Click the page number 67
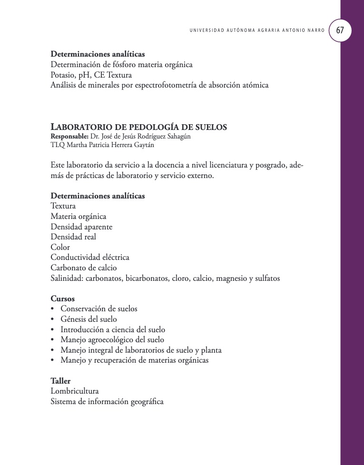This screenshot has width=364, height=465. point(340,30)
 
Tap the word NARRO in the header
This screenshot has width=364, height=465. point(316,30)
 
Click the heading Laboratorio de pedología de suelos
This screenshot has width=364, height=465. point(138,127)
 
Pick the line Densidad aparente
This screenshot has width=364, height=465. point(81,227)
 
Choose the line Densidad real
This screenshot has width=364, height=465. point(73,237)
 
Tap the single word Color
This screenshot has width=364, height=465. point(60,247)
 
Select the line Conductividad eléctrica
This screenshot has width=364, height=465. point(90,257)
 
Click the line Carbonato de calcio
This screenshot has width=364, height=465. point(84,267)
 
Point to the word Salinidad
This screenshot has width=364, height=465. point(67,278)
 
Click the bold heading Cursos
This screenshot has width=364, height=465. point(62,299)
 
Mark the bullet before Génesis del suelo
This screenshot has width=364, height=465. point(52,319)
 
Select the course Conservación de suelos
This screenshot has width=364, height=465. point(99,309)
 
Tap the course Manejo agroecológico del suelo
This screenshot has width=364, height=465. point(112,340)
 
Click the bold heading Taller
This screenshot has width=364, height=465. point(60,381)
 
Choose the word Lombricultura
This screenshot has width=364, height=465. point(75,391)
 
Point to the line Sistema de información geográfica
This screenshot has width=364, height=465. point(107,402)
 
